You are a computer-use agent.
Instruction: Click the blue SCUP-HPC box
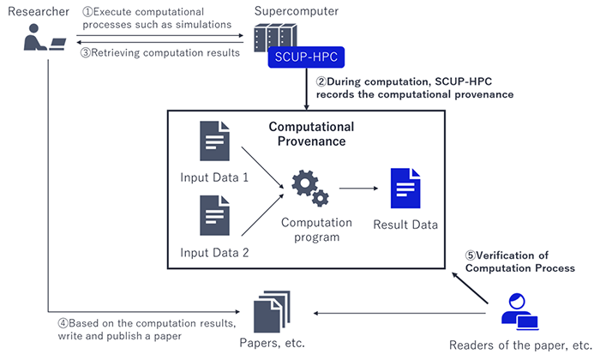(306, 57)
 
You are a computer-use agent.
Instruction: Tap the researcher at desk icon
(45, 37)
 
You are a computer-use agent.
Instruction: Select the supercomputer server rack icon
(275, 37)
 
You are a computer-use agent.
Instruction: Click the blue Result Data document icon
(405, 189)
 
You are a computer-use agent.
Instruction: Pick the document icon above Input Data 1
(214, 141)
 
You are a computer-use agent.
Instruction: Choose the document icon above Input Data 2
(214, 215)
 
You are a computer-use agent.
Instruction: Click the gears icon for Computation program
(310, 189)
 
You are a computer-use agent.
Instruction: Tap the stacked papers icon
(272, 312)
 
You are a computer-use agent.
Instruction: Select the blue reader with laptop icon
(519, 311)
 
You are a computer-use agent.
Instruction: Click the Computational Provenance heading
(311, 134)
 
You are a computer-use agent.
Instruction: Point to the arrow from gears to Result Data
(358, 189)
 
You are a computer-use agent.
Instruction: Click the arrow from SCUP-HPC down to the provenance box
(306, 89)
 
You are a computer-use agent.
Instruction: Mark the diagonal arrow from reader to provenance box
(470, 288)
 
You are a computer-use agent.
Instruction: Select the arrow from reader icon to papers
(399, 314)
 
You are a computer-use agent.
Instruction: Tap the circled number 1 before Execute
(87, 12)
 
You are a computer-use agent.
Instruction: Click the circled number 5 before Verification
(471, 255)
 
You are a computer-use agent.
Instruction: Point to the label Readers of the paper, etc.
(520, 345)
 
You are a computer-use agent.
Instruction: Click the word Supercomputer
(297, 11)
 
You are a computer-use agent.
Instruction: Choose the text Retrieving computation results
(165, 53)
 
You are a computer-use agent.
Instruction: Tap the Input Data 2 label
(214, 253)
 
